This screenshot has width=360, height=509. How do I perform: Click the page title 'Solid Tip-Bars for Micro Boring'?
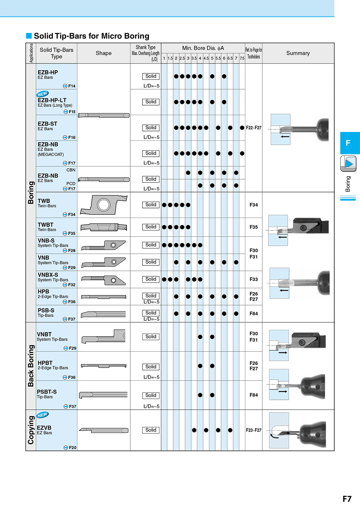pyautogui.click(x=92, y=36)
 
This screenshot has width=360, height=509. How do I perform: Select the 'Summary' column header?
pyautogui.click(x=298, y=53)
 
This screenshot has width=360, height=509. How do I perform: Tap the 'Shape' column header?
pyautogui.click(x=103, y=53)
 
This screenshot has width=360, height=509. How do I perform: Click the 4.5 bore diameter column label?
pyautogui.click(x=206, y=58)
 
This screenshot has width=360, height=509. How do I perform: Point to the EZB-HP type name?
pyautogui.click(x=48, y=72)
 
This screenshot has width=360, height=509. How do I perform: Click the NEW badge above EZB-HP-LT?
pyautogui.click(x=42, y=94)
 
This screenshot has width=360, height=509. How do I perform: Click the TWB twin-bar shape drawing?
pyautogui.click(x=103, y=205)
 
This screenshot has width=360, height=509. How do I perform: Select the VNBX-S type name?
pyautogui.click(x=48, y=275)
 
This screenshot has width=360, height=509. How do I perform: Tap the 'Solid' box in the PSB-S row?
pyautogui.click(x=151, y=313)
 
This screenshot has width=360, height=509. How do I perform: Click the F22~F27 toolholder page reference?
pyautogui.click(x=254, y=128)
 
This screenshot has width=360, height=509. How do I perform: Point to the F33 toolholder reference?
pyautogui.click(x=254, y=279)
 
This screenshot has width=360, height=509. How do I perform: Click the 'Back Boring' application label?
pyautogui.click(x=31, y=365)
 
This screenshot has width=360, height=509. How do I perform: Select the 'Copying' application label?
pyautogui.click(x=31, y=430)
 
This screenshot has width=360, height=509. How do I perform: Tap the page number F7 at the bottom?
pyautogui.click(x=347, y=499)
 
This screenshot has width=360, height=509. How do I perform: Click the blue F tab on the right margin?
pyautogui.click(x=350, y=143)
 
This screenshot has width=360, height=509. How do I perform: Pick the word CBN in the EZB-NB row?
pyautogui.click(x=71, y=170)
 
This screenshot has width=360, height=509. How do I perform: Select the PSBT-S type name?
pyautogui.click(x=46, y=392)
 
